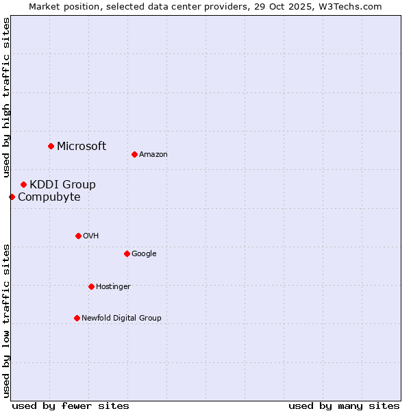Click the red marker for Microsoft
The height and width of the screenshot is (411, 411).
[x=51, y=146]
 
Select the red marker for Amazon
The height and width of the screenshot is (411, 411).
[x=134, y=154]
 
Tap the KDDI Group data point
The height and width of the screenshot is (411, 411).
[x=23, y=184]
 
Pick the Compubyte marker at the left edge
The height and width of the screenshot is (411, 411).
[x=12, y=197]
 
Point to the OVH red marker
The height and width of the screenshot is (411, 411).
[x=78, y=236]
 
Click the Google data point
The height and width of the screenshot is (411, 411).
[x=127, y=253]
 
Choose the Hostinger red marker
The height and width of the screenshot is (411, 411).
[x=91, y=286]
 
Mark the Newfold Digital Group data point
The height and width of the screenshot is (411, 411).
[x=77, y=318]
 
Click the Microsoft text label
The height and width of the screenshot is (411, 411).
[x=82, y=146]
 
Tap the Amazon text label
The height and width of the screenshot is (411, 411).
[x=153, y=155]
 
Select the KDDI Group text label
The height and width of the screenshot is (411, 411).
[x=62, y=184]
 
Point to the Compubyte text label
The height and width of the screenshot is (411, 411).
[x=49, y=197]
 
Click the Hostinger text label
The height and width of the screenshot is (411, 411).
[x=113, y=286]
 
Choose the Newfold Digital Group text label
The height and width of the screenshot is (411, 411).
[x=121, y=318]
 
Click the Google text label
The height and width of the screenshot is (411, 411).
[x=144, y=253]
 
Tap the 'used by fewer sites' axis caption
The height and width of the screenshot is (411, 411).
[x=71, y=406]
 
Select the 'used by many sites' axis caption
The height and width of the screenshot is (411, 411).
[x=344, y=406]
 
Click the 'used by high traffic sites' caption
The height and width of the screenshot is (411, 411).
[x=6, y=97]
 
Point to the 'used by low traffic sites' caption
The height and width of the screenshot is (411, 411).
[x=6, y=320]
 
